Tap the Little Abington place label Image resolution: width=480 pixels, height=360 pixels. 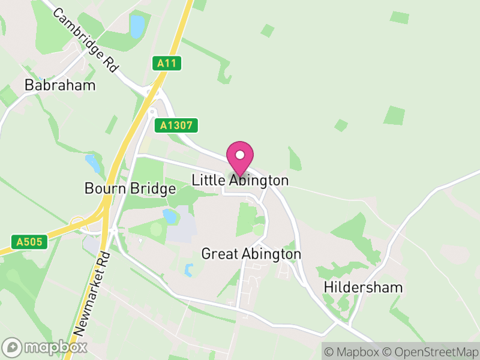tap(240, 180)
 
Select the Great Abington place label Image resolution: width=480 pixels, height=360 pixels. tap(251, 254)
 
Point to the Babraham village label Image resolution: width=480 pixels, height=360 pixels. tap(60, 85)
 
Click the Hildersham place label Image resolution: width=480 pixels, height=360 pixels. tap(363, 287)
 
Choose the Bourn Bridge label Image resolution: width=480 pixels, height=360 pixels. tap(130, 189)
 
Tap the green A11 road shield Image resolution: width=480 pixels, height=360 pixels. tap(166, 63)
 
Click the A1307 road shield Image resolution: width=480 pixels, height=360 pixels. tap(176, 125)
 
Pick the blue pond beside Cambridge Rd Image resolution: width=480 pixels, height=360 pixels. tap(137, 26)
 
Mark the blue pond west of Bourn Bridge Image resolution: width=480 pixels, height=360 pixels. tap(94, 163)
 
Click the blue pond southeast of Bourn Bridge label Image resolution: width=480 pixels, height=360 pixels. tap(170, 216)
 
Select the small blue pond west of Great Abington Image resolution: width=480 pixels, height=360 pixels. tap(190, 269)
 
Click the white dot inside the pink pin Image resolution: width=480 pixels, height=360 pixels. tap(240, 155)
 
